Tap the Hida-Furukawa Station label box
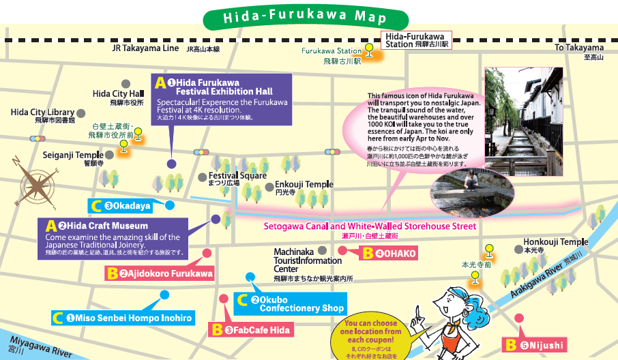click(x=415, y=40)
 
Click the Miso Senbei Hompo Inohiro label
click(x=123, y=318)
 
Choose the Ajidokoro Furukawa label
click(x=160, y=274)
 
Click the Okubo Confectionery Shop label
click(x=290, y=304)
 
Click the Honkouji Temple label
click(x=555, y=242)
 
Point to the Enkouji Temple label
click(x=304, y=185)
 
